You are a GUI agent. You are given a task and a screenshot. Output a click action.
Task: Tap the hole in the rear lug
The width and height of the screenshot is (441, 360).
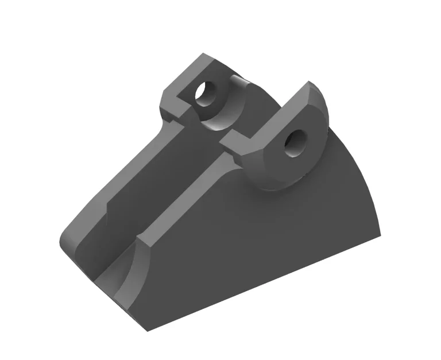tap(204, 92)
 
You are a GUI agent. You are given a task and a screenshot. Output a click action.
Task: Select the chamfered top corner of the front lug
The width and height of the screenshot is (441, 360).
tap(310, 86)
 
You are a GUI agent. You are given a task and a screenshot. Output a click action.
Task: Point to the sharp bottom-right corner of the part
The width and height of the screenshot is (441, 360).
tap(380, 235)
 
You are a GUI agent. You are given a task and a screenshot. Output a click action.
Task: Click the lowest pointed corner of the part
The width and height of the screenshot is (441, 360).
tap(147, 330)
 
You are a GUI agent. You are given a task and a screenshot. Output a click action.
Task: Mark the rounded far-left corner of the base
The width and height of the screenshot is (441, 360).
tap(63, 241)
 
